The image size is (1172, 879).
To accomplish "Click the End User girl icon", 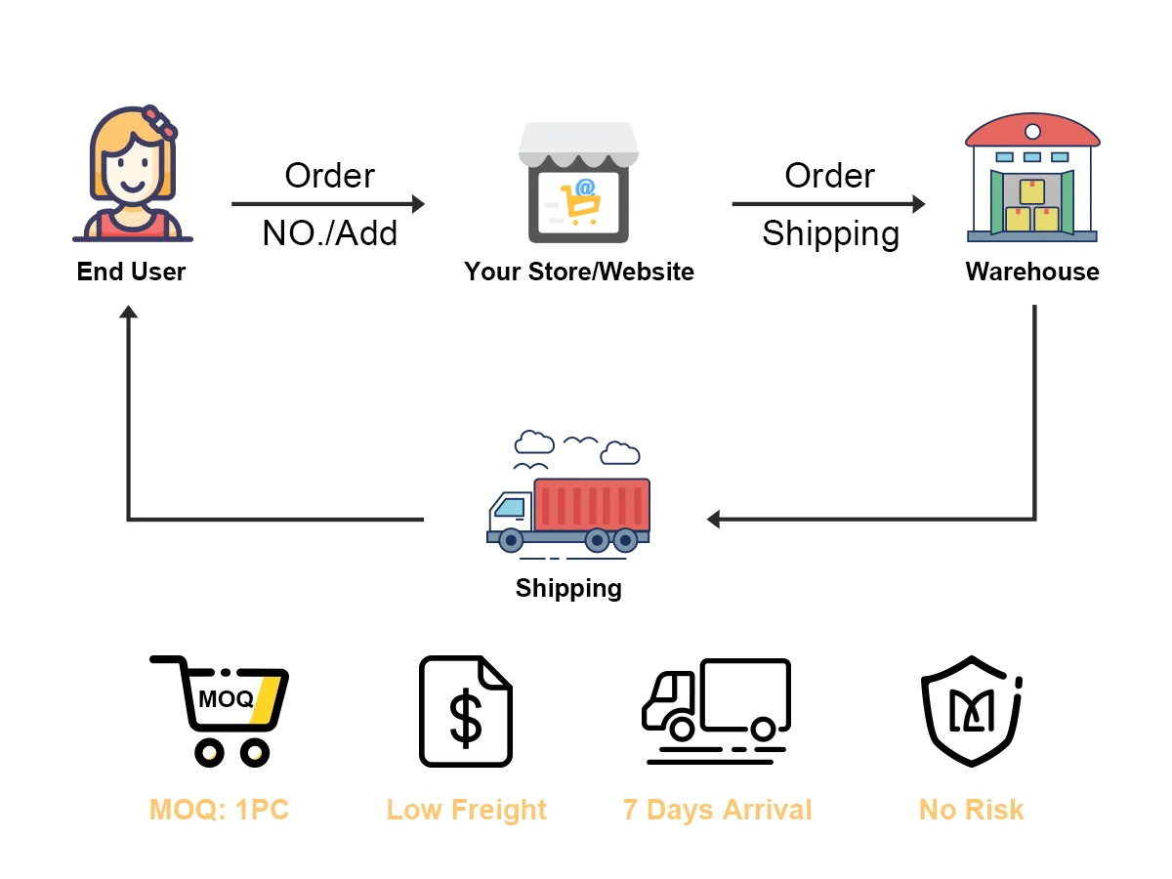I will [x=133, y=174].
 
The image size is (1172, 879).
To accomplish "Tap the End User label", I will [x=131, y=272].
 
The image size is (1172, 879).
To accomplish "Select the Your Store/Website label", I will [x=578, y=272].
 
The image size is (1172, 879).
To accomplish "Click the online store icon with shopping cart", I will [x=578, y=183].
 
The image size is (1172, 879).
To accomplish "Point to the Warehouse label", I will [x=1032, y=272].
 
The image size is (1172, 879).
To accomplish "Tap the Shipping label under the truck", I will [x=568, y=588].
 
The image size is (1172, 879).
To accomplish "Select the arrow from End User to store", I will [x=328, y=204].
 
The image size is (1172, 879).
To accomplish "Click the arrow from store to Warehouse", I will [x=828, y=204].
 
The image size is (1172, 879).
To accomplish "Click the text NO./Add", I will [x=330, y=233].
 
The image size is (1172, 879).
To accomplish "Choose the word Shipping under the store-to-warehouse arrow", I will [x=830, y=233].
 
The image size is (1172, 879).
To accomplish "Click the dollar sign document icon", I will [x=466, y=710].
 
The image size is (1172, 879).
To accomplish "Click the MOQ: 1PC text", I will [x=219, y=810].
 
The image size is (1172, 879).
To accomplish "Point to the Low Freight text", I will [x=466, y=810].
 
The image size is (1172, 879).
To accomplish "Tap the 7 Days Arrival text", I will [x=717, y=810].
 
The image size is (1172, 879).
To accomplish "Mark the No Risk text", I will [x=971, y=810].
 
